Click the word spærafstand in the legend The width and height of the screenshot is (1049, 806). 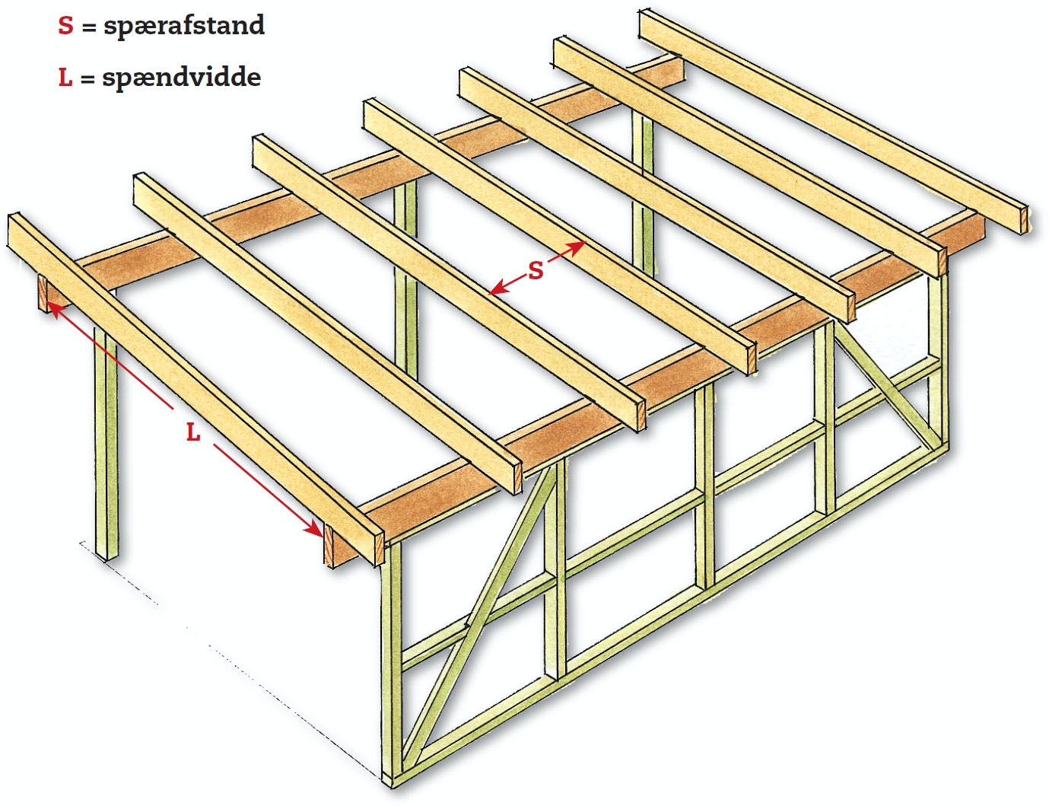click(x=184, y=26)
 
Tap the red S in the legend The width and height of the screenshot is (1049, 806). click(x=66, y=26)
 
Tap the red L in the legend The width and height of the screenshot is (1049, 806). click(x=65, y=77)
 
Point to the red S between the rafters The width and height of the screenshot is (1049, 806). click(x=536, y=270)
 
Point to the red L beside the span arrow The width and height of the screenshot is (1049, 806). click(x=193, y=432)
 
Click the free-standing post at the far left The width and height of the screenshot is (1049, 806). click(x=106, y=441)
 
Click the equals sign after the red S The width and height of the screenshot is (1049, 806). click(x=89, y=27)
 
